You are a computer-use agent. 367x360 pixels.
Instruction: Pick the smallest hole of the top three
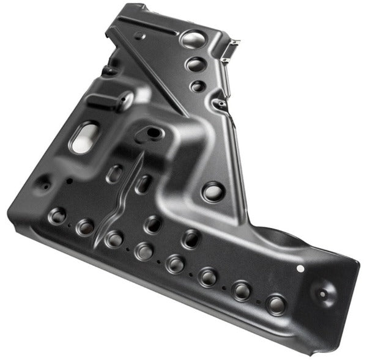point(196,86)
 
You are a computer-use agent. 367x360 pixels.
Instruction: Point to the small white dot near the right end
point(300,268)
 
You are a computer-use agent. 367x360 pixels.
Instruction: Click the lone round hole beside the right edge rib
point(212,192)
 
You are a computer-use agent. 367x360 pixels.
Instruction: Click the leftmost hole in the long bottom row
point(58,215)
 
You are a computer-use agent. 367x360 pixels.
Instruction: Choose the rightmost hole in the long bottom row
point(276,303)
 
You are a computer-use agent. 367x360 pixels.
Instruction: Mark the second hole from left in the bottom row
point(86,227)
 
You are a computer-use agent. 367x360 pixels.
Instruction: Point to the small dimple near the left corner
point(44,183)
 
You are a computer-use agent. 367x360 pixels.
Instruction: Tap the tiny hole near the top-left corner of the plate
point(141,35)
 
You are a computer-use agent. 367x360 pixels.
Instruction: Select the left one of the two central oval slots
point(114,172)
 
